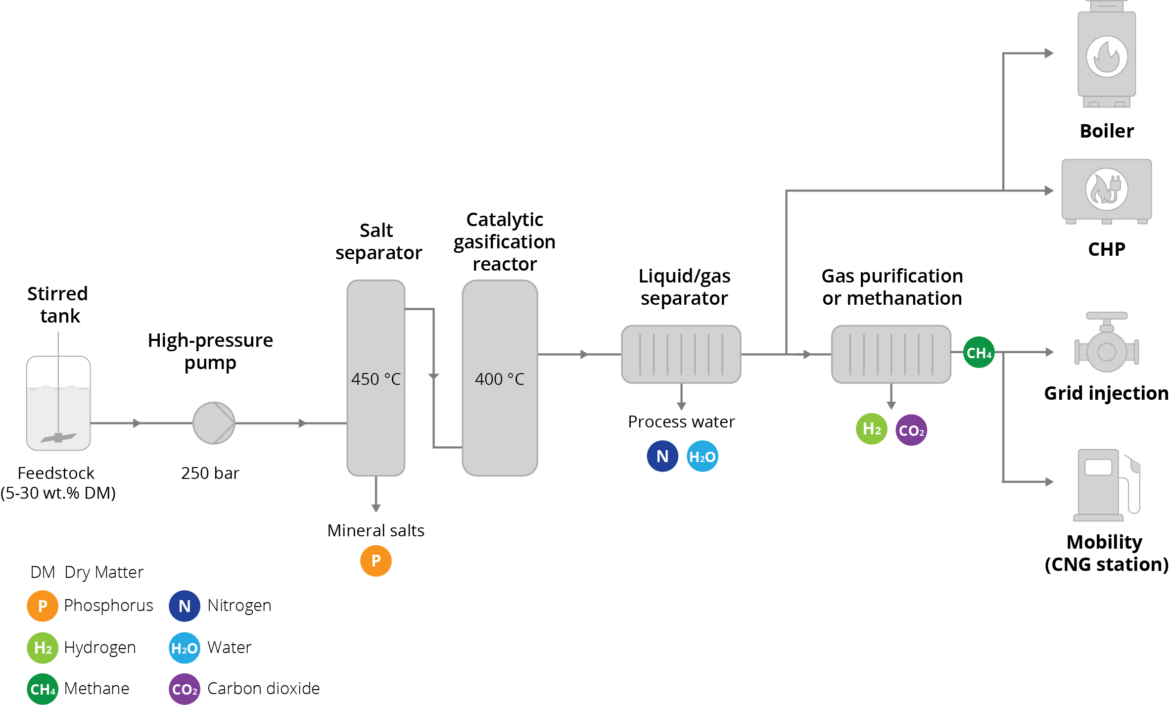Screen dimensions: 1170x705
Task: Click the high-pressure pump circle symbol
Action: point(214,423)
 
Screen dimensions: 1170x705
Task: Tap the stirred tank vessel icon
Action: point(58,403)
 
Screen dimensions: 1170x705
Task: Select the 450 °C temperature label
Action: point(376,379)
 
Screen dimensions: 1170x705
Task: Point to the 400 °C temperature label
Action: point(500,379)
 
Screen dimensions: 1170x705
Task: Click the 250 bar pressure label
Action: point(210,473)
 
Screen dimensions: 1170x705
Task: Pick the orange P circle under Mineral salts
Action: point(376,561)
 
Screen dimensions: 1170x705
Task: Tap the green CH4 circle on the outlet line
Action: point(979,353)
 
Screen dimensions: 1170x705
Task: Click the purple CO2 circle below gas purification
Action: point(911,430)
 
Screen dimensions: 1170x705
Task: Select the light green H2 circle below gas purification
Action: point(872,429)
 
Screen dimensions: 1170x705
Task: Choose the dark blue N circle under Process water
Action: point(663,457)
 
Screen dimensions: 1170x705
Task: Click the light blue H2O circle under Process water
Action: point(702,457)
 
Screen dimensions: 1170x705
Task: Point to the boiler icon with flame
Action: point(1107,54)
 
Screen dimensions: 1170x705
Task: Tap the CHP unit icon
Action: point(1107,191)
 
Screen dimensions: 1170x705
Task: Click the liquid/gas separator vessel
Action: point(681,354)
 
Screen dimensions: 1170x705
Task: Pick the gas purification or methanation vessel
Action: point(891,354)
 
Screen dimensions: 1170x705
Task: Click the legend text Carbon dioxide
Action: point(263,689)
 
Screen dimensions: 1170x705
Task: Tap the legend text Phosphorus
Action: point(108,606)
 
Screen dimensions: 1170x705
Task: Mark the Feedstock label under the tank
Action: point(56,473)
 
